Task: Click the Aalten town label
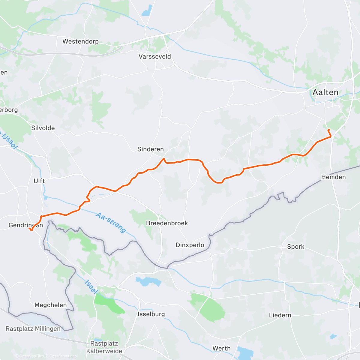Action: tap(325, 92)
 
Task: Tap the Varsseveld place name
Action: tap(154, 56)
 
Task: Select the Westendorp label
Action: tap(80, 41)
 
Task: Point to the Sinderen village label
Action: tap(150, 149)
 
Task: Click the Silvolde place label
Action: tap(43, 128)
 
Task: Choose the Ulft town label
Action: tap(39, 181)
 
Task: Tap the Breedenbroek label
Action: tap(167, 223)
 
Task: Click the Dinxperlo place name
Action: tap(190, 245)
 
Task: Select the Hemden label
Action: tap(333, 177)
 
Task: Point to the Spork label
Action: tap(295, 247)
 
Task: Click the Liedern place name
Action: tap(280, 315)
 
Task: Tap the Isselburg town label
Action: tap(151, 314)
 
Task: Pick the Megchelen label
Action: tap(50, 305)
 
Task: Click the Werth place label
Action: tap(221, 348)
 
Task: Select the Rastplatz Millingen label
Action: tap(33, 328)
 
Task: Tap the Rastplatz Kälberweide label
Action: tap(104, 347)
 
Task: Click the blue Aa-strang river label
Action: tap(111, 223)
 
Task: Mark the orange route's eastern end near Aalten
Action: tap(329, 130)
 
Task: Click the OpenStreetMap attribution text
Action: tap(63, 356)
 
